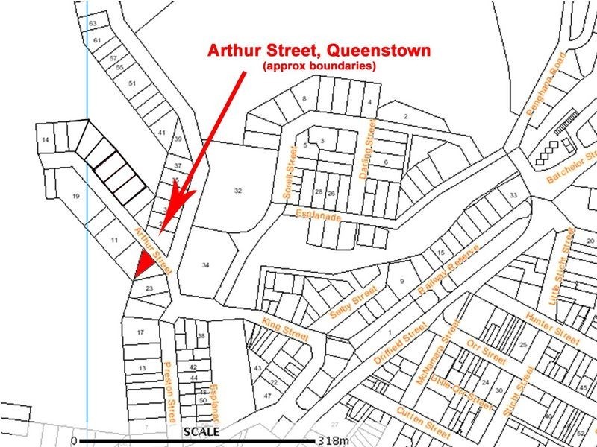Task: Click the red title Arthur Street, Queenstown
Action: (x=319, y=52)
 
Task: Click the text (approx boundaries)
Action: (x=318, y=66)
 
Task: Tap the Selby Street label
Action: (x=354, y=304)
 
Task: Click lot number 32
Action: (x=238, y=191)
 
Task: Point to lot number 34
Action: (x=206, y=264)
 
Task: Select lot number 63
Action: (x=93, y=24)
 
